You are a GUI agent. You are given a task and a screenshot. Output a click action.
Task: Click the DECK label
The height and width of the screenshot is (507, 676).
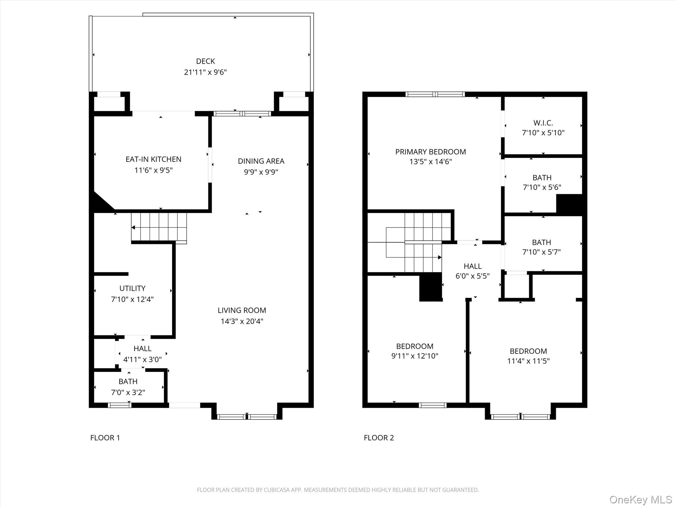(x=205, y=61)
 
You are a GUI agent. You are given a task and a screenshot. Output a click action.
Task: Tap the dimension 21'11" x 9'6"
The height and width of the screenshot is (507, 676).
(x=205, y=72)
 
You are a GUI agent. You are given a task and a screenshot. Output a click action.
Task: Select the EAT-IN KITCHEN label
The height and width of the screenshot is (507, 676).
(x=153, y=159)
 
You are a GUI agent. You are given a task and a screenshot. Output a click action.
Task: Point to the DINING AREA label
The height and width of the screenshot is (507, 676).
(x=261, y=161)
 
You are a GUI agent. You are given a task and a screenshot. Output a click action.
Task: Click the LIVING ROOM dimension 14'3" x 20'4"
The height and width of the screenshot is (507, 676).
(x=242, y=321)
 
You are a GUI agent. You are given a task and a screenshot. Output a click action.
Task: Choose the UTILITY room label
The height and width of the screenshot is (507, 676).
(x=132, y=288)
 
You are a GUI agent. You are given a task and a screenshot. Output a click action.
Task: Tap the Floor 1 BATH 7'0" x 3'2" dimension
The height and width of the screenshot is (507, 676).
(x=128, y=392)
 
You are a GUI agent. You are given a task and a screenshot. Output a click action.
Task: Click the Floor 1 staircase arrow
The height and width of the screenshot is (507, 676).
(x=133, y=227)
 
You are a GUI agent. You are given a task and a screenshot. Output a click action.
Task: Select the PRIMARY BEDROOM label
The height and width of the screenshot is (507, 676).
(x=430, y=152)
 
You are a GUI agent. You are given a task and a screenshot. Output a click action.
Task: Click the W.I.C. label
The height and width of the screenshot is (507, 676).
(x=543, y=123)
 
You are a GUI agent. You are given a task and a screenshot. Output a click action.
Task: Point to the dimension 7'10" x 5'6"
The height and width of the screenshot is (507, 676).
(x=542, y=187)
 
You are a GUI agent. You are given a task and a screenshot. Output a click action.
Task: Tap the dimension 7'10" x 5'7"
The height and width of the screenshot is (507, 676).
(x=541, y=252)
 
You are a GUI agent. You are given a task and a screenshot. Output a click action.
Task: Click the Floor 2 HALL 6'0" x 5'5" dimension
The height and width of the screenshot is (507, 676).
(x=472, y=276)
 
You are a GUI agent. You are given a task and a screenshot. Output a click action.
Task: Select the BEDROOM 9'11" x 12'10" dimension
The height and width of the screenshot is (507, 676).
(x=415, y=356)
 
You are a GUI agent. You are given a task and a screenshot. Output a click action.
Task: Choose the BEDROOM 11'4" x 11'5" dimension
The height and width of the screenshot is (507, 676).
(x=528, y=361)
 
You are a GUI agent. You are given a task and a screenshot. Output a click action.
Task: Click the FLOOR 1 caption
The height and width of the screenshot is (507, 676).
(x=105, y=438)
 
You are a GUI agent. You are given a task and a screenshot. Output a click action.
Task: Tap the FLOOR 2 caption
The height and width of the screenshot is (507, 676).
(x=379, y=438)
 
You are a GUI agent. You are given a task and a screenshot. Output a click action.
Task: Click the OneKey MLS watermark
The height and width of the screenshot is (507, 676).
(x=640, y=499)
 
